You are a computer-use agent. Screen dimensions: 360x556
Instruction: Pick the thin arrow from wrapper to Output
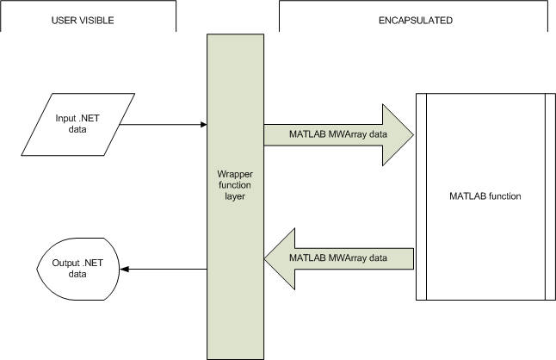[164, 269]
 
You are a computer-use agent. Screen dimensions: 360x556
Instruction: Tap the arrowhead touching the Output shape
[123, 269]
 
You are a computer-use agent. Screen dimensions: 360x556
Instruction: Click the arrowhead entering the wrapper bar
[203, 124]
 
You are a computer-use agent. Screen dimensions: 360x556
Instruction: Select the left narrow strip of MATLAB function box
[421, 196]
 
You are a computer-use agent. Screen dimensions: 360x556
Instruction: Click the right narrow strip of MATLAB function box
[549, 196]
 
